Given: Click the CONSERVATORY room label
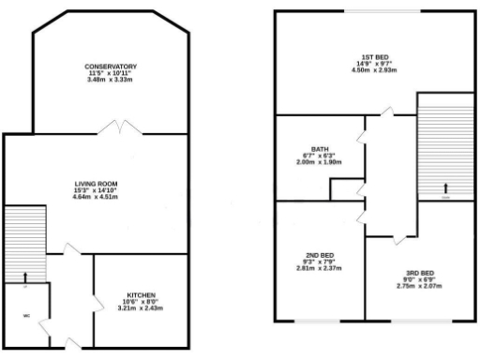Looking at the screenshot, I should pos(111,67).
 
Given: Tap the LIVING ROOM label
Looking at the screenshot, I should pos(97,184).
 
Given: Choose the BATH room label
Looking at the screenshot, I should pos(321,148).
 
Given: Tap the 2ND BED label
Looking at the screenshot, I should pos(321,255).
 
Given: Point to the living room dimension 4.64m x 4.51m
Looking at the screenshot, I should pos(97,198).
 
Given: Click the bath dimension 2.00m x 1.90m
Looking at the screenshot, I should pos(321,162).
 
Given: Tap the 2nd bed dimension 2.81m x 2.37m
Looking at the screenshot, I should pos(321,269).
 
